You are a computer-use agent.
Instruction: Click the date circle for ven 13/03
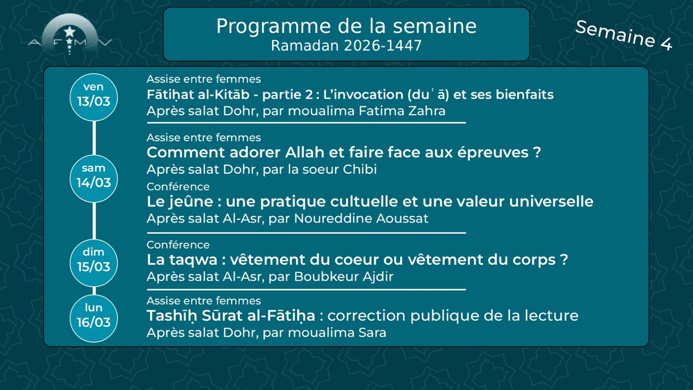(93, 97)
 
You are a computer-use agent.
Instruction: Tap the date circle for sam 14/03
(93, 178)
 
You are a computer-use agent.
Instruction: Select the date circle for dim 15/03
(93, 263)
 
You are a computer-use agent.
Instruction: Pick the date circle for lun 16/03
(93, 318)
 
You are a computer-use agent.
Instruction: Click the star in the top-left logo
(70, 32)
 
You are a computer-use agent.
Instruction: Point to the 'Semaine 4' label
(623, 35)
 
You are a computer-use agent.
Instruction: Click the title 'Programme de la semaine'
(346, 26)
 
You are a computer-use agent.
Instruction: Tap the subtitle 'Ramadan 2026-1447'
(346, 46)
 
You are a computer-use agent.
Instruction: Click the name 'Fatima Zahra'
(402, 111)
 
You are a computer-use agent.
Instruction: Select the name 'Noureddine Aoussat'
(361, 218)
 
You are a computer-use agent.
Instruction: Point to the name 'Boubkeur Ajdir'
(344, 277)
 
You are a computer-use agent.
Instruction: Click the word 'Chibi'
(359, 169)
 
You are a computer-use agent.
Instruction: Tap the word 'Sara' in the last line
(372, 333)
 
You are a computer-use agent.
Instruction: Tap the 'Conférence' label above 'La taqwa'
(178, 245)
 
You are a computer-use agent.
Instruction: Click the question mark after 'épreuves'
(537, 152)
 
